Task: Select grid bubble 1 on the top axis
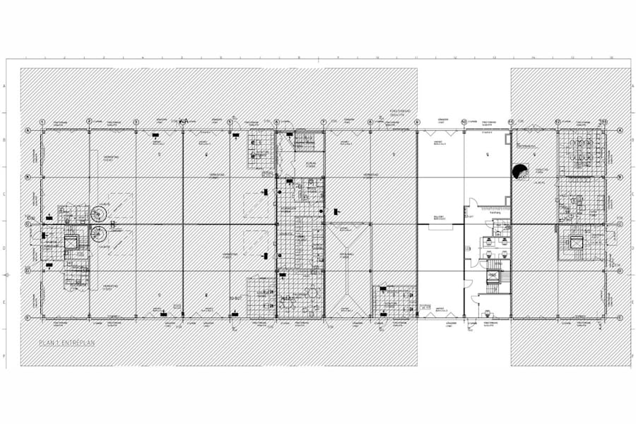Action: click(x=42, y=121)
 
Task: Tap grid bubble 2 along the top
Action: click(x=89, y=121)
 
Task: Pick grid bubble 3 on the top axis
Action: click(x=136, y=121)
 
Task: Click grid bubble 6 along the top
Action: click(x=276, y=121)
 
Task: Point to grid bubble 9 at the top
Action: click(x=417, y=121)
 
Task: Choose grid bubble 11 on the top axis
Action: click(x=510, y=121)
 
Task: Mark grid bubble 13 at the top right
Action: click(x=604, y=121)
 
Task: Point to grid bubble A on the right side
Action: click(x=619, y=130)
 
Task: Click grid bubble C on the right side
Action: click(x=619, y=225)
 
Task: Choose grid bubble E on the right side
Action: click(x=619, y=318)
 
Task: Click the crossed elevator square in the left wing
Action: click(x=71, y=242)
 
